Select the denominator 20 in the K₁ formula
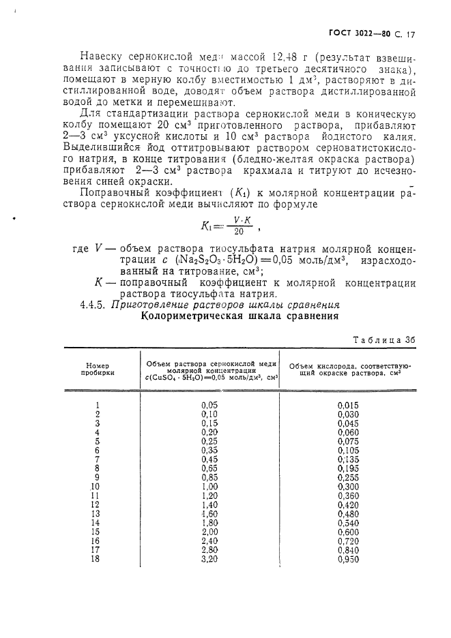[237, 231]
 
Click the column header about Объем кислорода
[347, 369]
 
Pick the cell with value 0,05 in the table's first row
[209, 405]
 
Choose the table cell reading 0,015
[347, 405]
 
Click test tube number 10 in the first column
[96, 487]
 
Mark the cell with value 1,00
[209, 487]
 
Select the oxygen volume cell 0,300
[347, 487]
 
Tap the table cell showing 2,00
[209, 532]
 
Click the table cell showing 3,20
[209, 559]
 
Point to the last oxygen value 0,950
[347, 559]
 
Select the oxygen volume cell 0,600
[347, 532]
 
